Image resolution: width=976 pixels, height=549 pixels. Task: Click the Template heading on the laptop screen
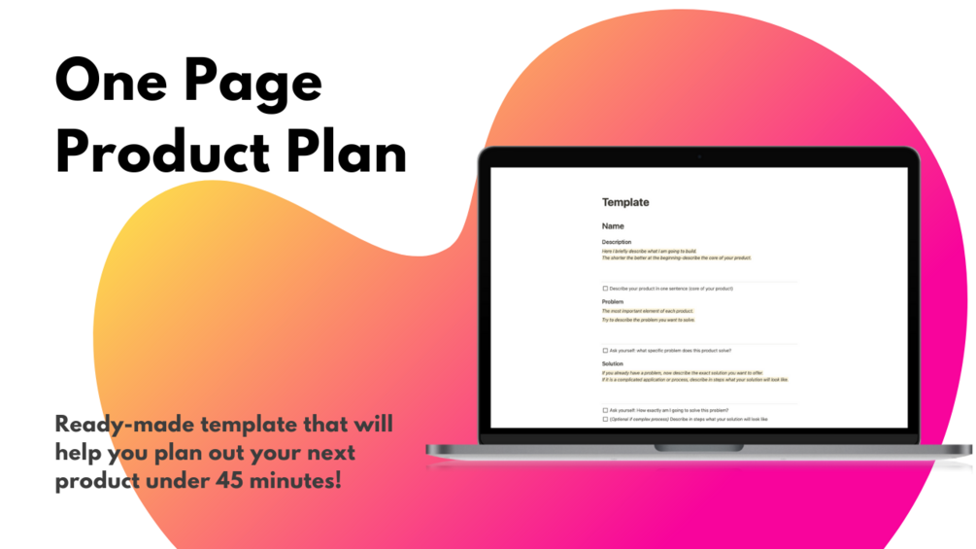pos(625,202)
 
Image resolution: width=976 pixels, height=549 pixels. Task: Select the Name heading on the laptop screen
pos(613,226)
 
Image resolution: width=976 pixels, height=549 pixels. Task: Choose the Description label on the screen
pos(617,242)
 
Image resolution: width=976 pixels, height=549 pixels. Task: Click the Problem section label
pos(613,302)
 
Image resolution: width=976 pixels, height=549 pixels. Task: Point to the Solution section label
pos(613,363)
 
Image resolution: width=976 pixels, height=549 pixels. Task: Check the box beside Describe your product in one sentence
pos(605,289)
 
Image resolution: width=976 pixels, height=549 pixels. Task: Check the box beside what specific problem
pos(605,351)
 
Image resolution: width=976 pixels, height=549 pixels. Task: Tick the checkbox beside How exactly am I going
pos(605,411)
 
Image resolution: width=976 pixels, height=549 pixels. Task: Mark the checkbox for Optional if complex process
pos(605,420)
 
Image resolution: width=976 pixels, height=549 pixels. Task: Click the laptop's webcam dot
pos(698,157)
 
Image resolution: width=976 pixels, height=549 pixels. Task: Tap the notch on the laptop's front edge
pos(698,448)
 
